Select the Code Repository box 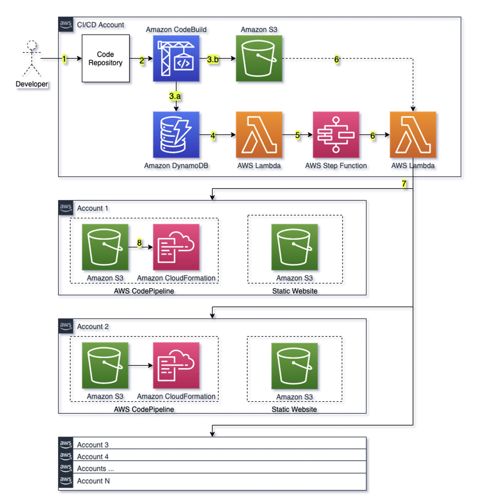pos(105,58)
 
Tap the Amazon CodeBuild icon pos(176,58)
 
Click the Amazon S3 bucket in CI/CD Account pos(259,58)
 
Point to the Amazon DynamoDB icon pos(176,135)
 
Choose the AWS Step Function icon pos(336,135)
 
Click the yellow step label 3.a pos(175,96)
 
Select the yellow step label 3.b pos(213,59)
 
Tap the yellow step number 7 pos(404,183)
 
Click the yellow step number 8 pos(139,243)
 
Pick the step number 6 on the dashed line pos(336,59)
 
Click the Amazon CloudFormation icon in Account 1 pos(176,247)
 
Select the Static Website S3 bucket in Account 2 pos(294,366)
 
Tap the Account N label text pos(93,481)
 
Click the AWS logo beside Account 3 pos(66,443)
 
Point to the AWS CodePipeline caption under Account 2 pos(144,409)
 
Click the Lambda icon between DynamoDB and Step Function pos(259,135)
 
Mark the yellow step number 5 pos(297,135)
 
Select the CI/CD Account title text pos(100,25)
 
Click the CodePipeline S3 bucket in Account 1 pos(105,247)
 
